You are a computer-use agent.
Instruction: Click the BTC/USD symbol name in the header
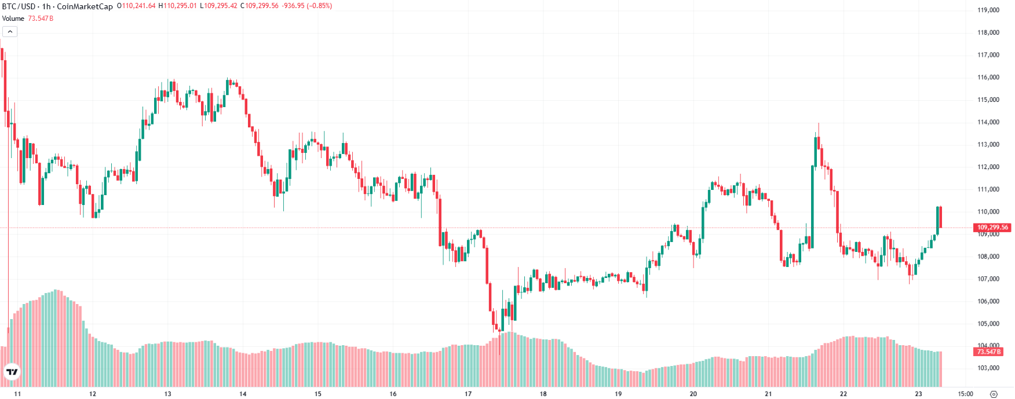coord(19,6)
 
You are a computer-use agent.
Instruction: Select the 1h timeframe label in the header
coord(46,6)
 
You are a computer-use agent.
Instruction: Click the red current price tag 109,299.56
coord(992,228)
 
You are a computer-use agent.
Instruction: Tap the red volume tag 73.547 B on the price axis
coord(988,352)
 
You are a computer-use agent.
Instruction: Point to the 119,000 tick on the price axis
coord(988,10)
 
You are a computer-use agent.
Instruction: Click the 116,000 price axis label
coord(988,77)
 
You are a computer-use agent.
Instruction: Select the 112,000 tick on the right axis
coord(988,167)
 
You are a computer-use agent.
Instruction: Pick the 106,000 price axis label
coord(988,301)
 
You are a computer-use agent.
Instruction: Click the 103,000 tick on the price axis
coord(988,368)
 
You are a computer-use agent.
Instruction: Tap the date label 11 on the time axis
coord(17,394)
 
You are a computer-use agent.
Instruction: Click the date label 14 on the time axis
coord(243,394)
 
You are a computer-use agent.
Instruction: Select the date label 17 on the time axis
coord(468,394)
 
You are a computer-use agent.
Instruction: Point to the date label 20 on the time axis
coord(693,394)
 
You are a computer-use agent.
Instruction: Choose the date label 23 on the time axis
coord(918,394)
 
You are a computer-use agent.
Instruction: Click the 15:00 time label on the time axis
coord(965,394)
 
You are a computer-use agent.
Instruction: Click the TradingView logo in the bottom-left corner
coord(12,372)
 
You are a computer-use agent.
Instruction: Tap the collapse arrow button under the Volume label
coord(10,31)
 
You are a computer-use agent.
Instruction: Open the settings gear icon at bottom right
coord(994,394)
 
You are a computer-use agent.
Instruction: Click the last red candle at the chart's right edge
coord(940,217)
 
